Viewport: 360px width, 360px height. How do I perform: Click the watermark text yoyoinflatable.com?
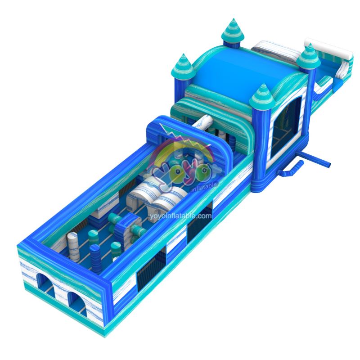(180, 216)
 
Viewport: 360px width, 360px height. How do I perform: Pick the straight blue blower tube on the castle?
(316, 158)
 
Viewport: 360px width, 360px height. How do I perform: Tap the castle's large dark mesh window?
(285, 129)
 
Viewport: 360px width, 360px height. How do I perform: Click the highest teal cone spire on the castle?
(233, 31)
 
